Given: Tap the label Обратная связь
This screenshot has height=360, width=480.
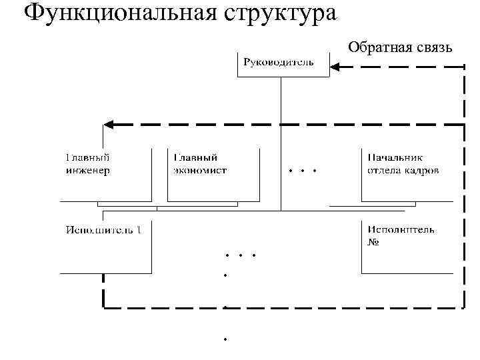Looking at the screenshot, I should point(401,46).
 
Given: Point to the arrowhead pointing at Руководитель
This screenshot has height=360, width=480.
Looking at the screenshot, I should point(337,66).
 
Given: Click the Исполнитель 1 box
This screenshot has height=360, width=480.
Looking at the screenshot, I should point(105,247).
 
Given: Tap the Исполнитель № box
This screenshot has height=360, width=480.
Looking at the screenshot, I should point(407,247).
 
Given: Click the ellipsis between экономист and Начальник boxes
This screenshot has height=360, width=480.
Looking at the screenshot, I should point(303,171).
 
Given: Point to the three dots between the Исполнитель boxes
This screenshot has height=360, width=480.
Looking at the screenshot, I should point(241,255).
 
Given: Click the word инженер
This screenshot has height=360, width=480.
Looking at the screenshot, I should point(88,170).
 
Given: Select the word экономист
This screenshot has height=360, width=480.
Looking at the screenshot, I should point(200,170).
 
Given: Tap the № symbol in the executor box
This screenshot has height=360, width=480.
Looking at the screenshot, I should point(373,242).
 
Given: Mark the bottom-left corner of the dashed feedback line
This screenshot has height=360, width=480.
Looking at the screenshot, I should point(104,307).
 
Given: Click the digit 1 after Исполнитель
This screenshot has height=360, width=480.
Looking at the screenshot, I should point(139,230).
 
